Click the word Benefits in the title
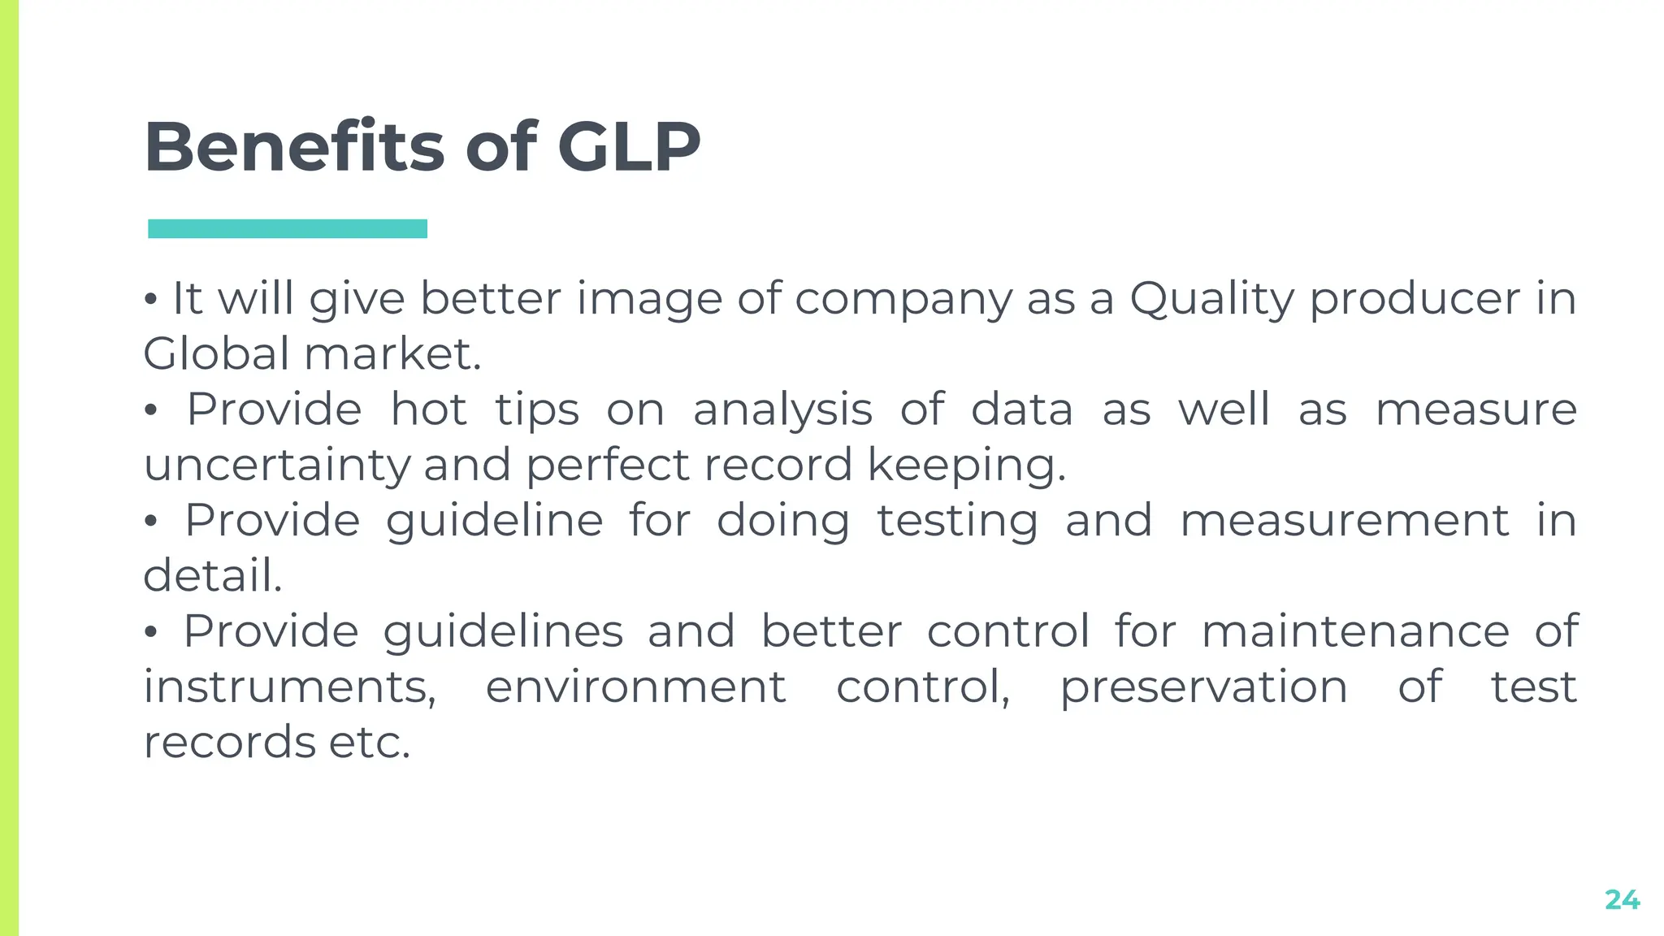[293, 147]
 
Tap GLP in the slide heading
[628, 147]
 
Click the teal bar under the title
[288, 228]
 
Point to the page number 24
[1622, 899]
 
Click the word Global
[216, 354]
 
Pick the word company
[903, 300]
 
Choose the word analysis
[782, 410]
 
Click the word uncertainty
[276, 466]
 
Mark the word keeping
[965, 466]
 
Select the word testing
[957, 522]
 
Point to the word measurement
[1345, 521]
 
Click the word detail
[212, 576]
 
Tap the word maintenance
[1355, 631]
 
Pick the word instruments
[289, 687]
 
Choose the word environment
[635, 687]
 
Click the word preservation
[1203, 687]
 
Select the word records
[229, 743]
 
